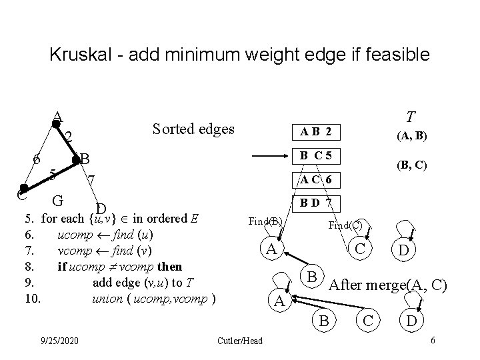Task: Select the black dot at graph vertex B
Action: pyautogui.click(x=76, y=159)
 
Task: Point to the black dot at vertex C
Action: pyautogui.click(x=23, y=189)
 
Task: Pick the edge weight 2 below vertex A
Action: pyautogui.click(x=68, y=137)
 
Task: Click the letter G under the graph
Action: pyautogui.click(x=58, y=199)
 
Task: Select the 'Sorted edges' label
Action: pyautogui.click(x=193, y=128)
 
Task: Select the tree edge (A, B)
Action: pyautogui.click(x=413, y=137)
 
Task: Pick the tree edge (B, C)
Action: pyautogui.click(x=413, y=164)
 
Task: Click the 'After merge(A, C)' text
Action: pyautogui.click(x=388, y=286)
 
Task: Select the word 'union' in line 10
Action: pyautogui.click(x=107, y=298)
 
